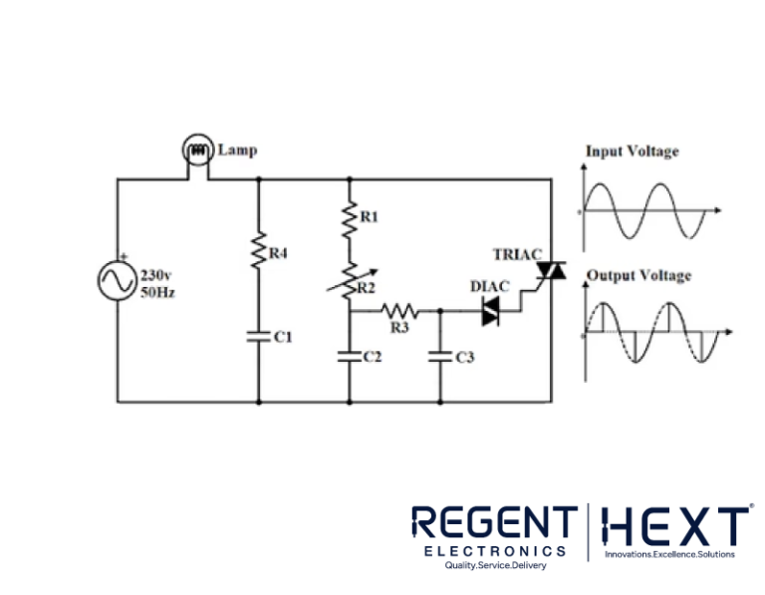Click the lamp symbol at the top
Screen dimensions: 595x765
(197, 151)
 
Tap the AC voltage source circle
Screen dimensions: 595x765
(116, 280)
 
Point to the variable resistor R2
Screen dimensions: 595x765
(350, 283)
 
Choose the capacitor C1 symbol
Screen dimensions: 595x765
(258, 335)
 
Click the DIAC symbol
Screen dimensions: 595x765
(490, 312)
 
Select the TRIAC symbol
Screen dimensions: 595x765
(550, 270)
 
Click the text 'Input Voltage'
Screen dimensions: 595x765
(632, 151)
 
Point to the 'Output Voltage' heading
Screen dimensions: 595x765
(638, 275)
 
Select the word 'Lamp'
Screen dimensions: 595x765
(237, 150)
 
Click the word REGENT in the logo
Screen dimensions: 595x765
(494, 524)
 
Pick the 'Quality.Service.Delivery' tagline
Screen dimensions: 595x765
(495, 565)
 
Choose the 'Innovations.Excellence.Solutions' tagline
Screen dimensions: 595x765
(669, 554)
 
